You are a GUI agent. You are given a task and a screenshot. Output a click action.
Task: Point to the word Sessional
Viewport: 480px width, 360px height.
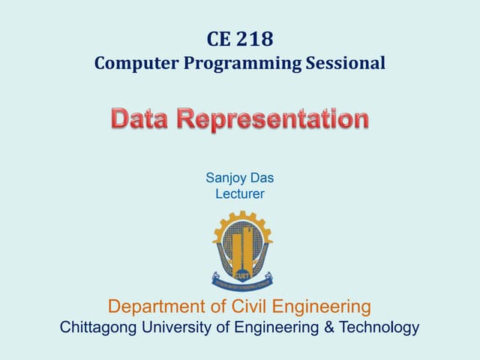coord(346,63)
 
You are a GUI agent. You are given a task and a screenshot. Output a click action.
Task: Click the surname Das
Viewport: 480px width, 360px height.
coord(262,178)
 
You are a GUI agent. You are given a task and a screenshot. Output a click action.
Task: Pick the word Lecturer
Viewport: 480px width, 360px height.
coord(240,194)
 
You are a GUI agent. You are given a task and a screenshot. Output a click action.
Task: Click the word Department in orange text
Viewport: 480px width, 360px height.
coord(159,306)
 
